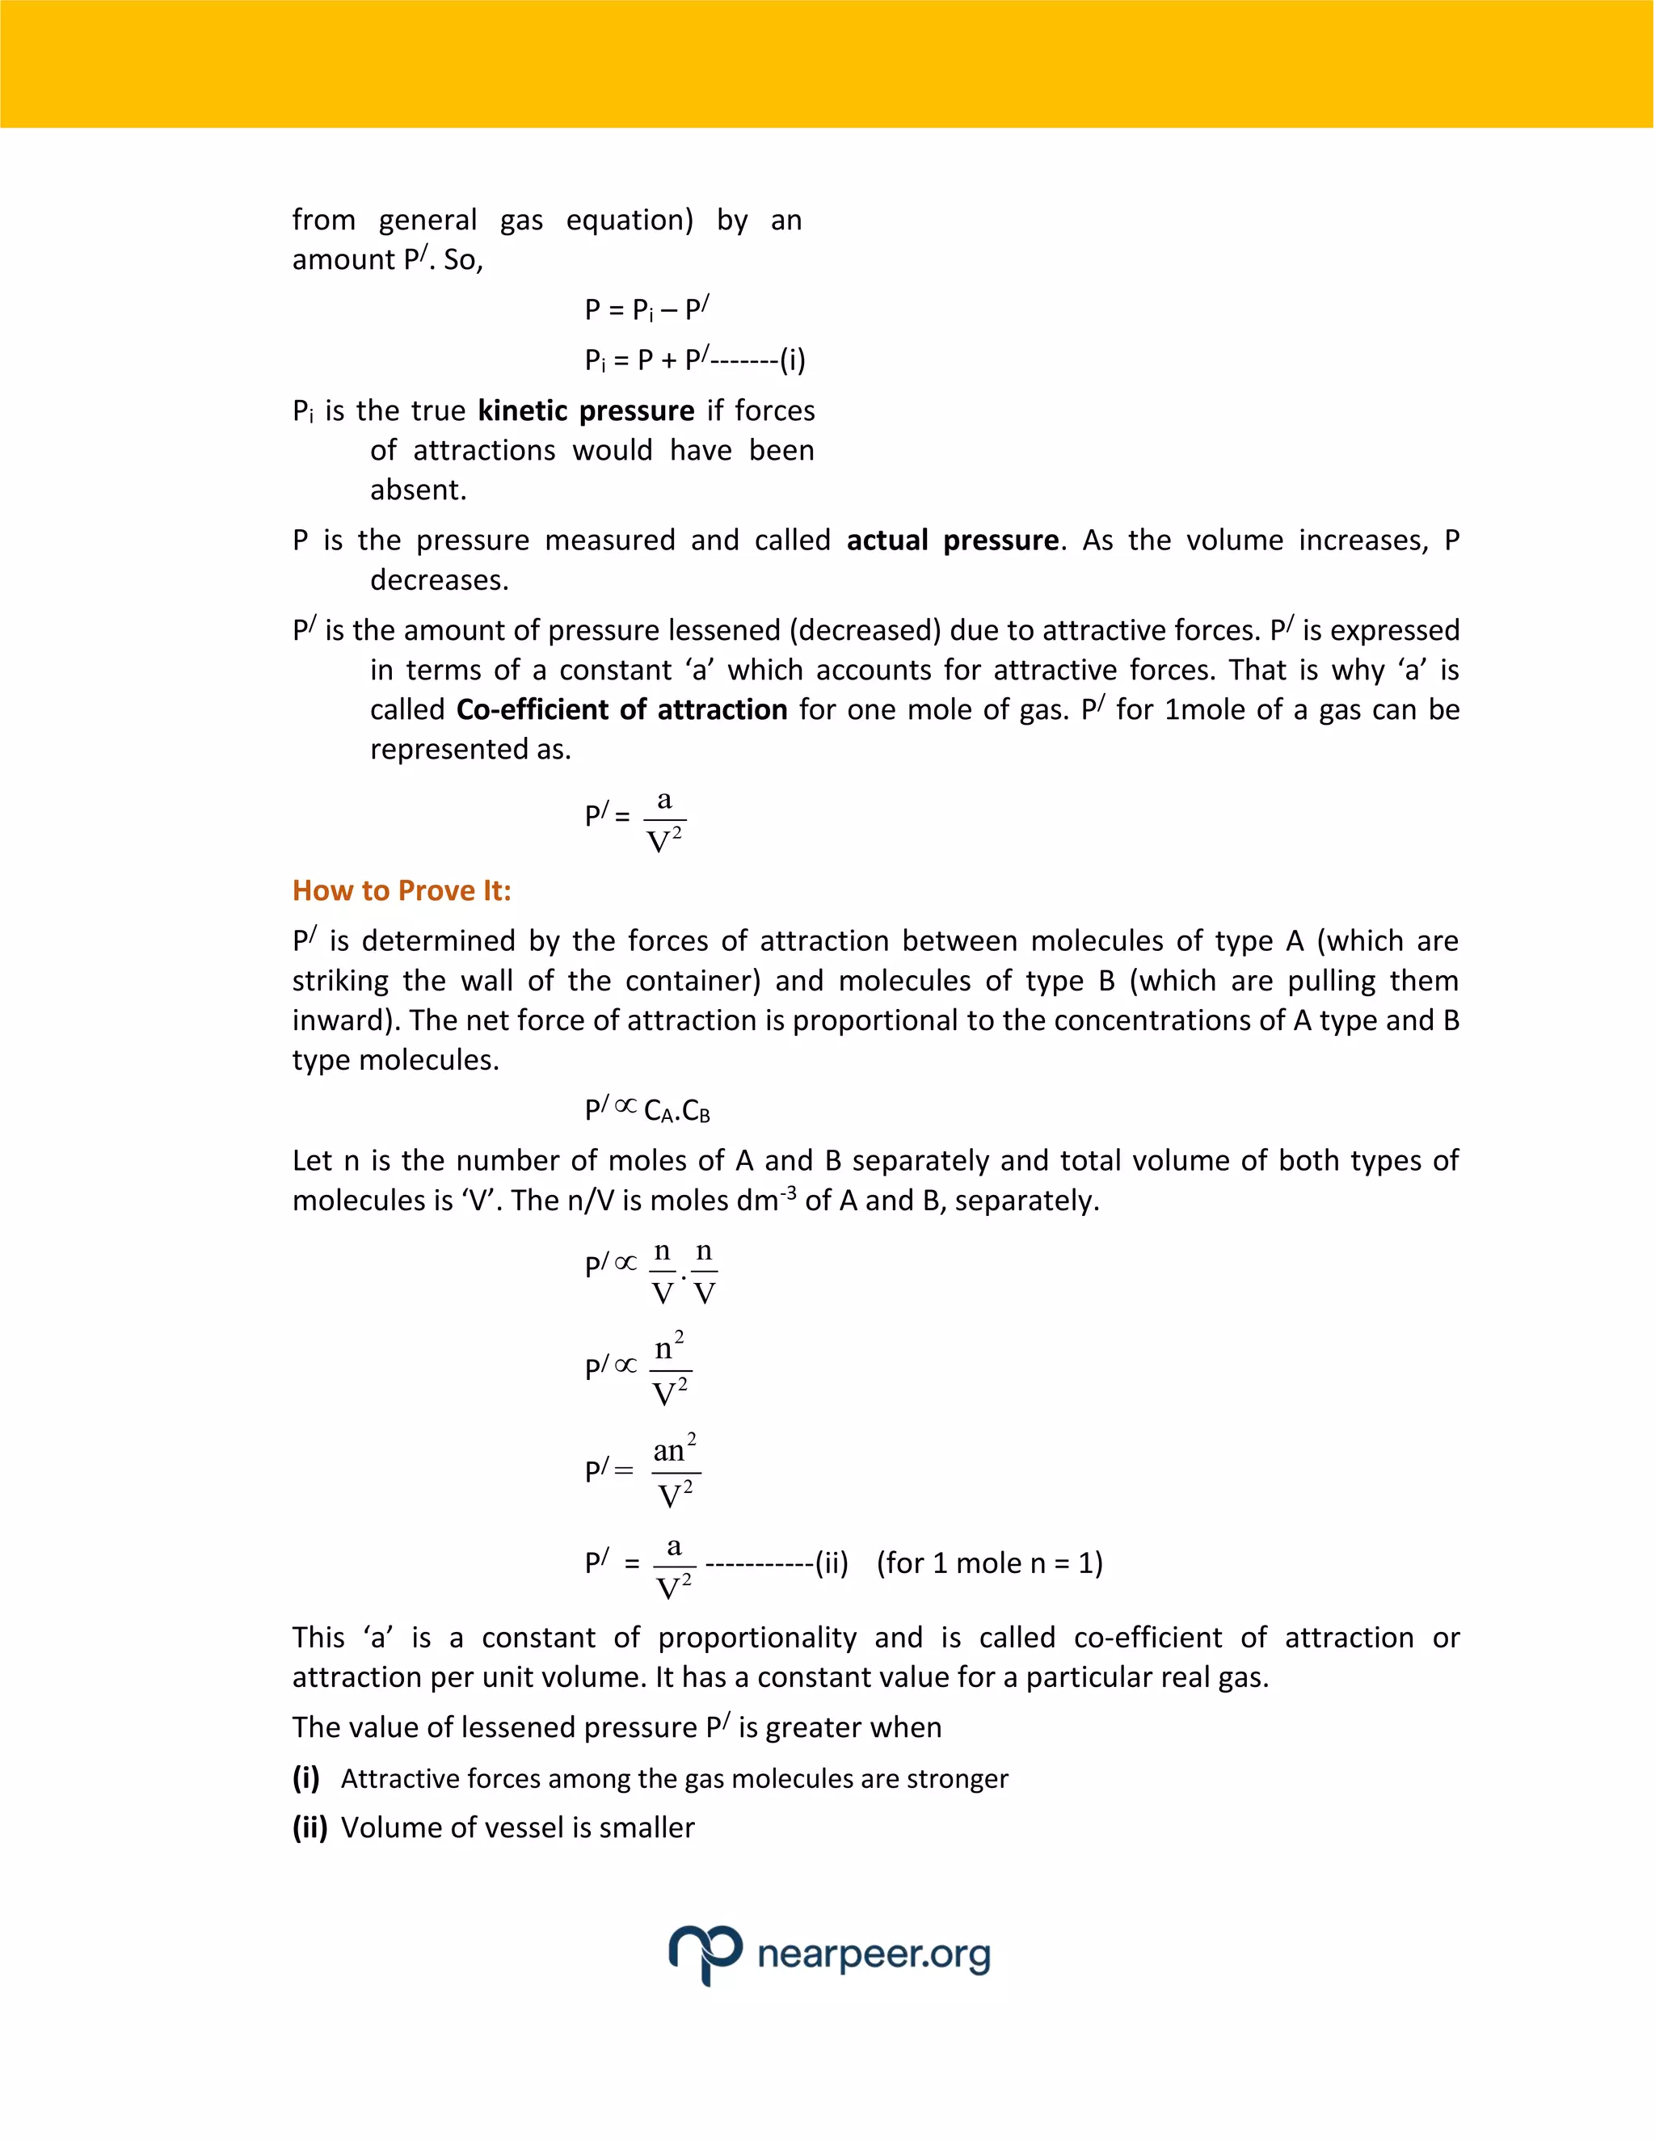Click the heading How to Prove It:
pos(401,891)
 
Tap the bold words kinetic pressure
pos(585,410)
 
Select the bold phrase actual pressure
pos(952,541)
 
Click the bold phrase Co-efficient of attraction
pos(621,709)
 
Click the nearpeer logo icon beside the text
pos(705,1953)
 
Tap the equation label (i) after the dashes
pos(792,360)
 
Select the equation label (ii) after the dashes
pos(832,1563)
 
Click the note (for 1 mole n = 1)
pos(989,1563)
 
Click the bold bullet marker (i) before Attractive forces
pos(306,1778)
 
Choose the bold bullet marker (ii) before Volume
pos(310,1828)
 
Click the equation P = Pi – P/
pos(646,309)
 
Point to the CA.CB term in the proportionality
pos(676,1111)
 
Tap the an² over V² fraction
pos(675,1471)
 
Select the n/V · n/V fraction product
pos(684,1272)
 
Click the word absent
pos(418,490)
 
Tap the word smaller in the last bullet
pos(646,1828)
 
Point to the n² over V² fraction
pos(671,1369)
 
